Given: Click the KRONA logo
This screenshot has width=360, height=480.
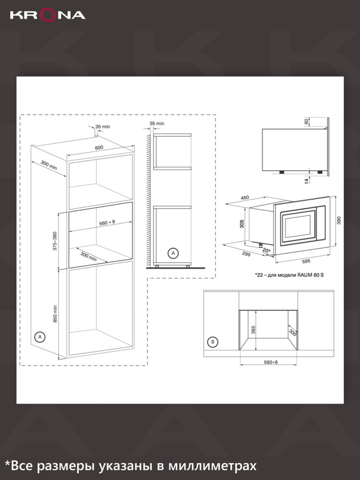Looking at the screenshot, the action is pyautogui.click(x=48, y=15).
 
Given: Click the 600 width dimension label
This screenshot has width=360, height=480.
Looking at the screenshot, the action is pyautogui.click(x=99, y=147).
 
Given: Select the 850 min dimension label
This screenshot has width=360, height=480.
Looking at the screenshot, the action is pyautogui.click(x=55, y=314).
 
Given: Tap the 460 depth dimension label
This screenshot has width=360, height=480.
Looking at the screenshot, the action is pyautogui.click(x=245, y=198).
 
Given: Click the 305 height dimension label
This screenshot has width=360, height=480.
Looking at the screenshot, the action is pyautogui.click(x=242, y=224).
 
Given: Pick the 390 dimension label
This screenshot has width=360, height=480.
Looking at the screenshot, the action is pyautogui.click(x=338, y=220).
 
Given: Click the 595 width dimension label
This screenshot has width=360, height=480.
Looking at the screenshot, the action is pyautogui.click(x=306, y=261).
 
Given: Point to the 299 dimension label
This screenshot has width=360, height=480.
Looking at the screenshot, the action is pyautogui.click(x=246, y=254).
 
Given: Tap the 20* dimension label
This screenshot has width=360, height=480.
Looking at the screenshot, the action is pyautogui.click(x=266, y=251).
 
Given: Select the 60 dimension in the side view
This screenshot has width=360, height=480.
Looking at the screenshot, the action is pyautogui.click(x=306, y=121).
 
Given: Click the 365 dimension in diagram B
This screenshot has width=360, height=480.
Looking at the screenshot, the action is pyautogui.click(x=253, y=330).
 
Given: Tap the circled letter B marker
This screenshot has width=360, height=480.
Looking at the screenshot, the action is pyautogui.click(x=213, y=342).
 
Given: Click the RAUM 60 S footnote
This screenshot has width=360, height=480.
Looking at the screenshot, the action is pyautogui.click(x=289, y=275).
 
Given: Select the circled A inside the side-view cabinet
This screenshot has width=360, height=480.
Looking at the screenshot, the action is pyautogui.click(x=173, y=253).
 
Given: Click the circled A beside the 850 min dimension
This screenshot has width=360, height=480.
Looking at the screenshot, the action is pyautogui.click(x=39, y=337).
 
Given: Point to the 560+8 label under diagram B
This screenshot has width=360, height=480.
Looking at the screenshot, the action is pyautogui.click(x=271, y=362).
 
